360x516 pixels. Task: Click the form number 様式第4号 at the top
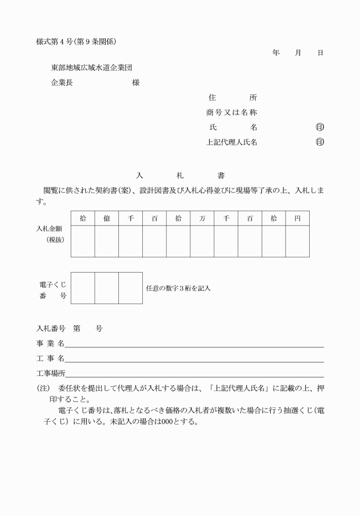[50, 41]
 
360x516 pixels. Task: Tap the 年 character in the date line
[277, 53]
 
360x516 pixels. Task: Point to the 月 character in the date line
[298, 53]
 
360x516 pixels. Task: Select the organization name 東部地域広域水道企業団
[92, 67]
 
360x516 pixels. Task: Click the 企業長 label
[62, 82]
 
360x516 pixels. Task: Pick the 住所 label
[233, 98]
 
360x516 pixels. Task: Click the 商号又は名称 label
[231, 113]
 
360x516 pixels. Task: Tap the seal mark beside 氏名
[319, 127]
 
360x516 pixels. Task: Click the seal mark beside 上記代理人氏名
[319, 142]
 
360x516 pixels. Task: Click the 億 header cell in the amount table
[107, 218]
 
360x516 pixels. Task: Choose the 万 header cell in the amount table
[202, 218]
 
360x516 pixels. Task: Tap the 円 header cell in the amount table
[297, 218]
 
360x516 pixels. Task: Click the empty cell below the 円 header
[297, 241]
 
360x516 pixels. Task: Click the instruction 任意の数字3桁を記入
[178, 288]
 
